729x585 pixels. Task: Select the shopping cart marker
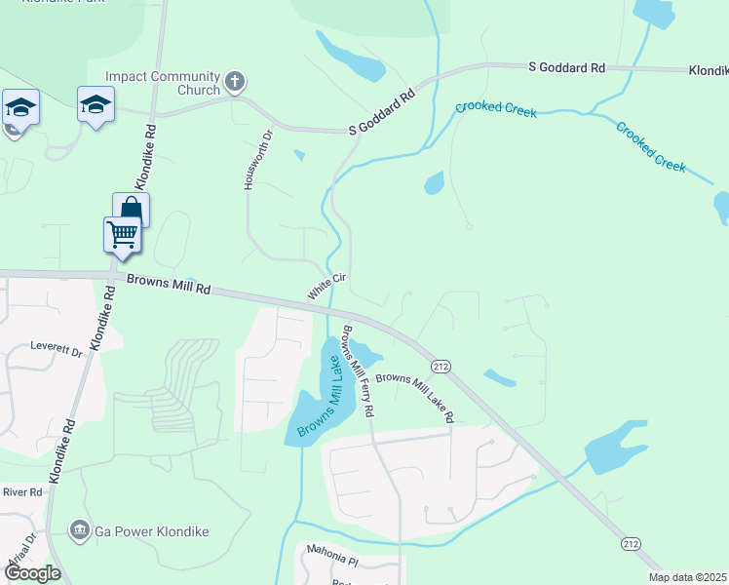click(122, 236)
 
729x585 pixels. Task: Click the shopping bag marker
click(131, 211)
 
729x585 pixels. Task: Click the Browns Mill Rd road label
click(169, 285)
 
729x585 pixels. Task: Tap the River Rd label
click(21, 492)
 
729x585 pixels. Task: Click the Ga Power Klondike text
click(151, 531)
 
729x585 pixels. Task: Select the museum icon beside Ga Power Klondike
click(79, 531)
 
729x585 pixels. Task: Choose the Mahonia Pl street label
click(332, 562)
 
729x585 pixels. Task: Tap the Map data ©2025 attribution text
click(687, 577)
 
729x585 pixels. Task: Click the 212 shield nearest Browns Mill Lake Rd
click(441, 366)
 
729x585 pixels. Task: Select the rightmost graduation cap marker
click(96, 103)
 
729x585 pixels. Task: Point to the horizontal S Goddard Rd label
click(566, 67)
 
